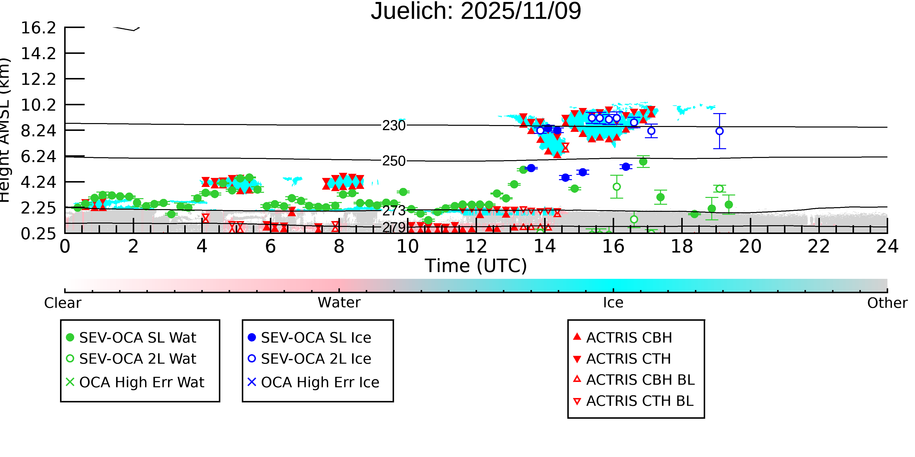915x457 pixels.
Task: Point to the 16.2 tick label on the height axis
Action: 38,28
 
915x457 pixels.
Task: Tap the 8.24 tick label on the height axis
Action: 38,131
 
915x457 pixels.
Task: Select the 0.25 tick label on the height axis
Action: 38,234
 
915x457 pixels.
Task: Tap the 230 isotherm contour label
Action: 394,126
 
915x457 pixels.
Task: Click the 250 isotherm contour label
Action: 394,161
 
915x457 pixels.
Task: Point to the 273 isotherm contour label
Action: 394,211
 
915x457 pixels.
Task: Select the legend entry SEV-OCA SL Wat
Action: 137,337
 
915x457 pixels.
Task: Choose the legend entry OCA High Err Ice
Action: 320,382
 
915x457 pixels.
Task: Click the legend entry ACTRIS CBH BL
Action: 640,380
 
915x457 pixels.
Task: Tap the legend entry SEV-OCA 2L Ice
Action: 316,359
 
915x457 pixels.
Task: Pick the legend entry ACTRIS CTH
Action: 628,359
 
